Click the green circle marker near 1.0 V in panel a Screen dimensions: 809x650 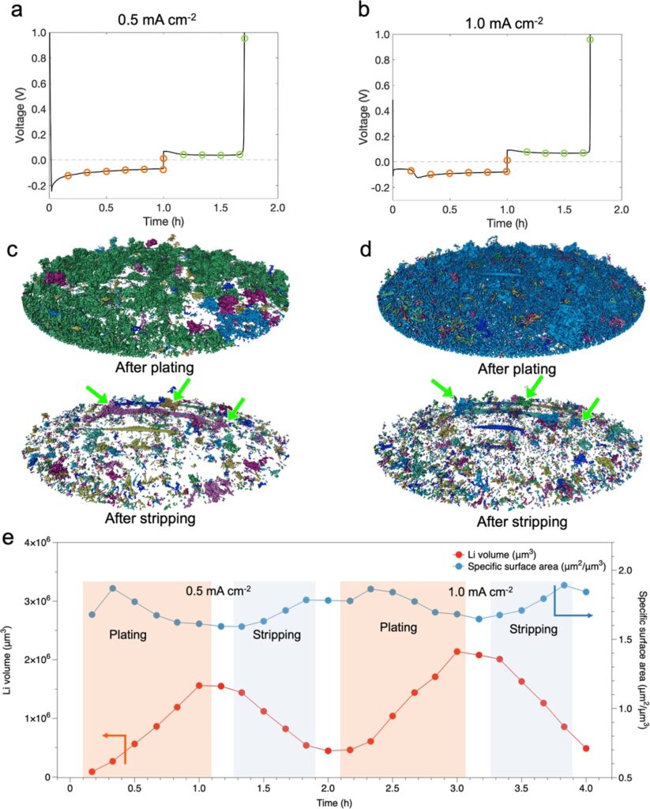click(245, 38)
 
